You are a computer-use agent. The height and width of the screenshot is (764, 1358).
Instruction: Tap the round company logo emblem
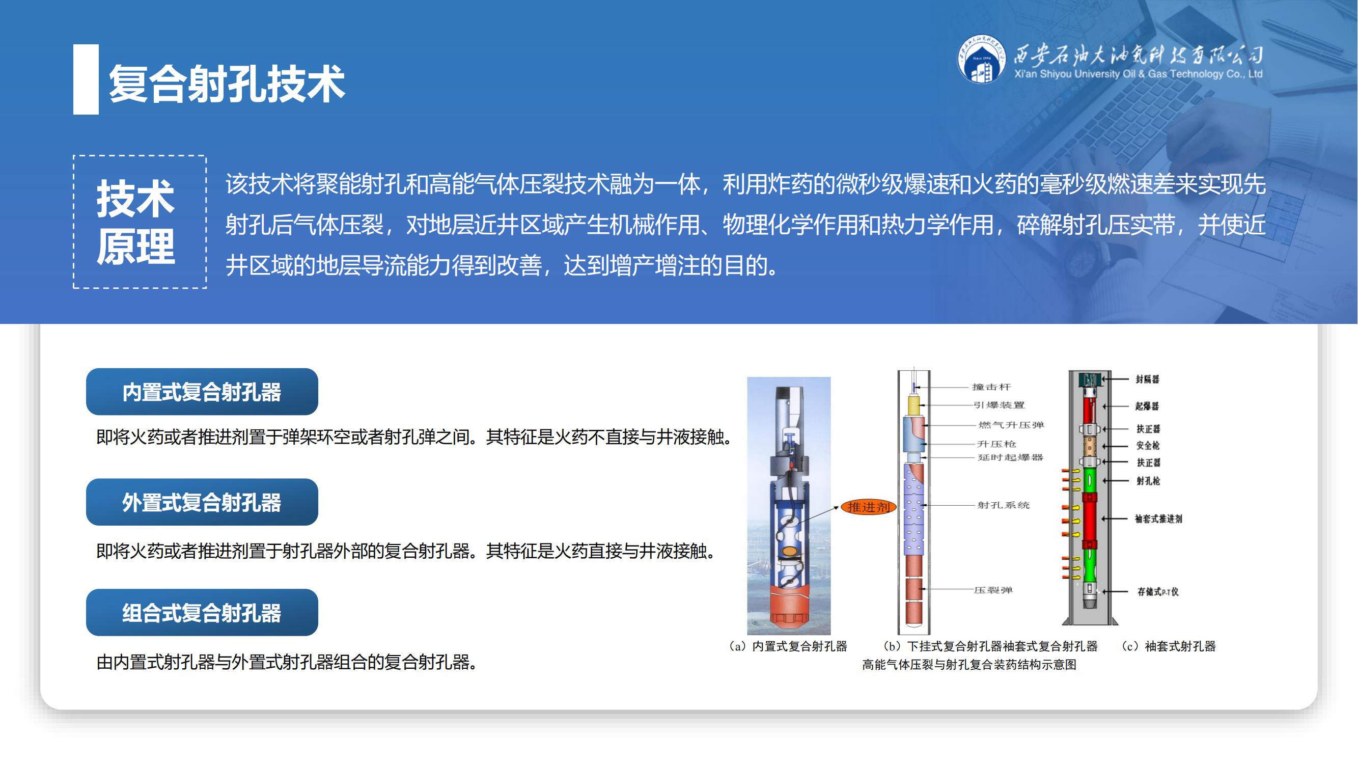981,59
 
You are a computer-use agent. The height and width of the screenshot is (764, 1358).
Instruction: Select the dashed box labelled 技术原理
140,222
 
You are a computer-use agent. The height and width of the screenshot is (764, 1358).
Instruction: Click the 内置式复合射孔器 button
202,392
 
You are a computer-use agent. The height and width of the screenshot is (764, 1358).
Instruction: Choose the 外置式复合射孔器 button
202,502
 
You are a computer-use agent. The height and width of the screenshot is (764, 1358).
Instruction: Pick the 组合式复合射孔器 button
202,613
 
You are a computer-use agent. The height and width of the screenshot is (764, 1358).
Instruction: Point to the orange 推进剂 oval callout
868,507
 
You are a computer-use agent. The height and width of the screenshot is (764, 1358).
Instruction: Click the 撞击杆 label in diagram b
991,387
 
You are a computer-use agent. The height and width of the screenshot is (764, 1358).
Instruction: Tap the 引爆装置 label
999,405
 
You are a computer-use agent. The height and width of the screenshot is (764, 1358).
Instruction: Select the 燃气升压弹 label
1011,425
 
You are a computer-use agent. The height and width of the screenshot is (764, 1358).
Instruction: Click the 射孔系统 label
1003,505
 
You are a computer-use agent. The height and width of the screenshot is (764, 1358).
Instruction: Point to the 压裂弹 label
993,590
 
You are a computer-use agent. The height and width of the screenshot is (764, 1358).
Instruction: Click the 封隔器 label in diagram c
1147,379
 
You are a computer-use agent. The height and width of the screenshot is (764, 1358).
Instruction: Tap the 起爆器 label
1147,406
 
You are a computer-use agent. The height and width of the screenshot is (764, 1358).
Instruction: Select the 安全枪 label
1148,446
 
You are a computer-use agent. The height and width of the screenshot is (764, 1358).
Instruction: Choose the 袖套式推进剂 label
1158,519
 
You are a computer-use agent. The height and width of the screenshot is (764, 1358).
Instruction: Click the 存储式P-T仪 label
1158,591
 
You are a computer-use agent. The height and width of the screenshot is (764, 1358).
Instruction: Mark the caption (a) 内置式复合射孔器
788,646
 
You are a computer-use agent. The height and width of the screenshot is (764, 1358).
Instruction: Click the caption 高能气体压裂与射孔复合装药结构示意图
969,664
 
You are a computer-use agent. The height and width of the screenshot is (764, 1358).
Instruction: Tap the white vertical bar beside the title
86,79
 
